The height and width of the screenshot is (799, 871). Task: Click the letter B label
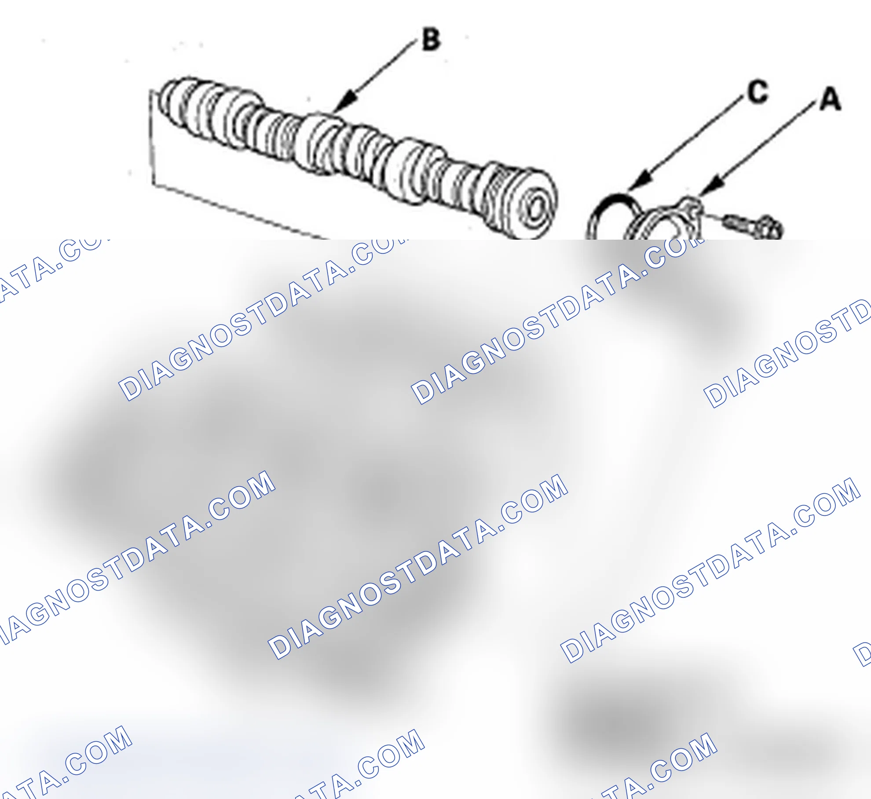431,40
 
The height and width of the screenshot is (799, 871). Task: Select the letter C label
758,92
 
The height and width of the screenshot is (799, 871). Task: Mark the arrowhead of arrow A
710,185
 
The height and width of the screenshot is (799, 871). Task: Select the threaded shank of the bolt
739,223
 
